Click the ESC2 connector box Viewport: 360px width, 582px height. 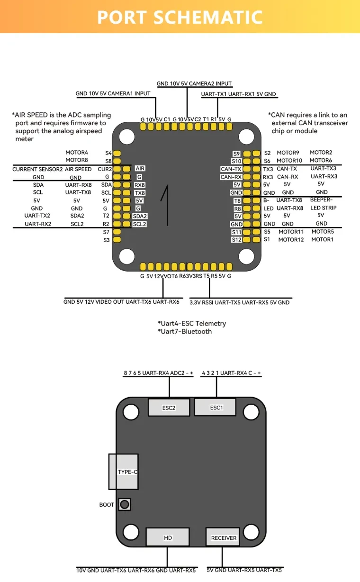(x=169, y=408)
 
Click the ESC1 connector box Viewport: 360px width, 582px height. (x=216, y=407)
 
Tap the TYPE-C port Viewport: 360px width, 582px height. (x=124, y=472)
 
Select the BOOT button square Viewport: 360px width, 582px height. (x=125, y=504)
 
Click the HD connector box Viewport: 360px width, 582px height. (x=168, y=537)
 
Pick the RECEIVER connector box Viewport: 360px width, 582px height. (x=224, y=537)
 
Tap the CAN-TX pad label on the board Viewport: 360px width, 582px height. (x=231, y=169)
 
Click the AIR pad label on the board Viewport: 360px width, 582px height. (x=140, y=168)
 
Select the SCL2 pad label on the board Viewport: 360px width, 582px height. (x=139, y=224)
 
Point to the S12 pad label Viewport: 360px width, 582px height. (x=237, y=240)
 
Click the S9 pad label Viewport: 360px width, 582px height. (x=237, y=154)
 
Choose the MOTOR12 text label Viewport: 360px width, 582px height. (x=291, y=240)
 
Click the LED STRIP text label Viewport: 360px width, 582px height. (x=323, y=208)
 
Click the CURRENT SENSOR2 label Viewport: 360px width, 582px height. (x=37, y=169)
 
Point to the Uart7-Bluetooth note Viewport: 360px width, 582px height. (x=185, y=331)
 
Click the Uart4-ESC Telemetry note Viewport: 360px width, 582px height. (x=192, y=323)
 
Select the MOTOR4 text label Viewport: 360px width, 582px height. (x=77, y=153)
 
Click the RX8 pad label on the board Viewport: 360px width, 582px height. (x=140, y=185)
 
